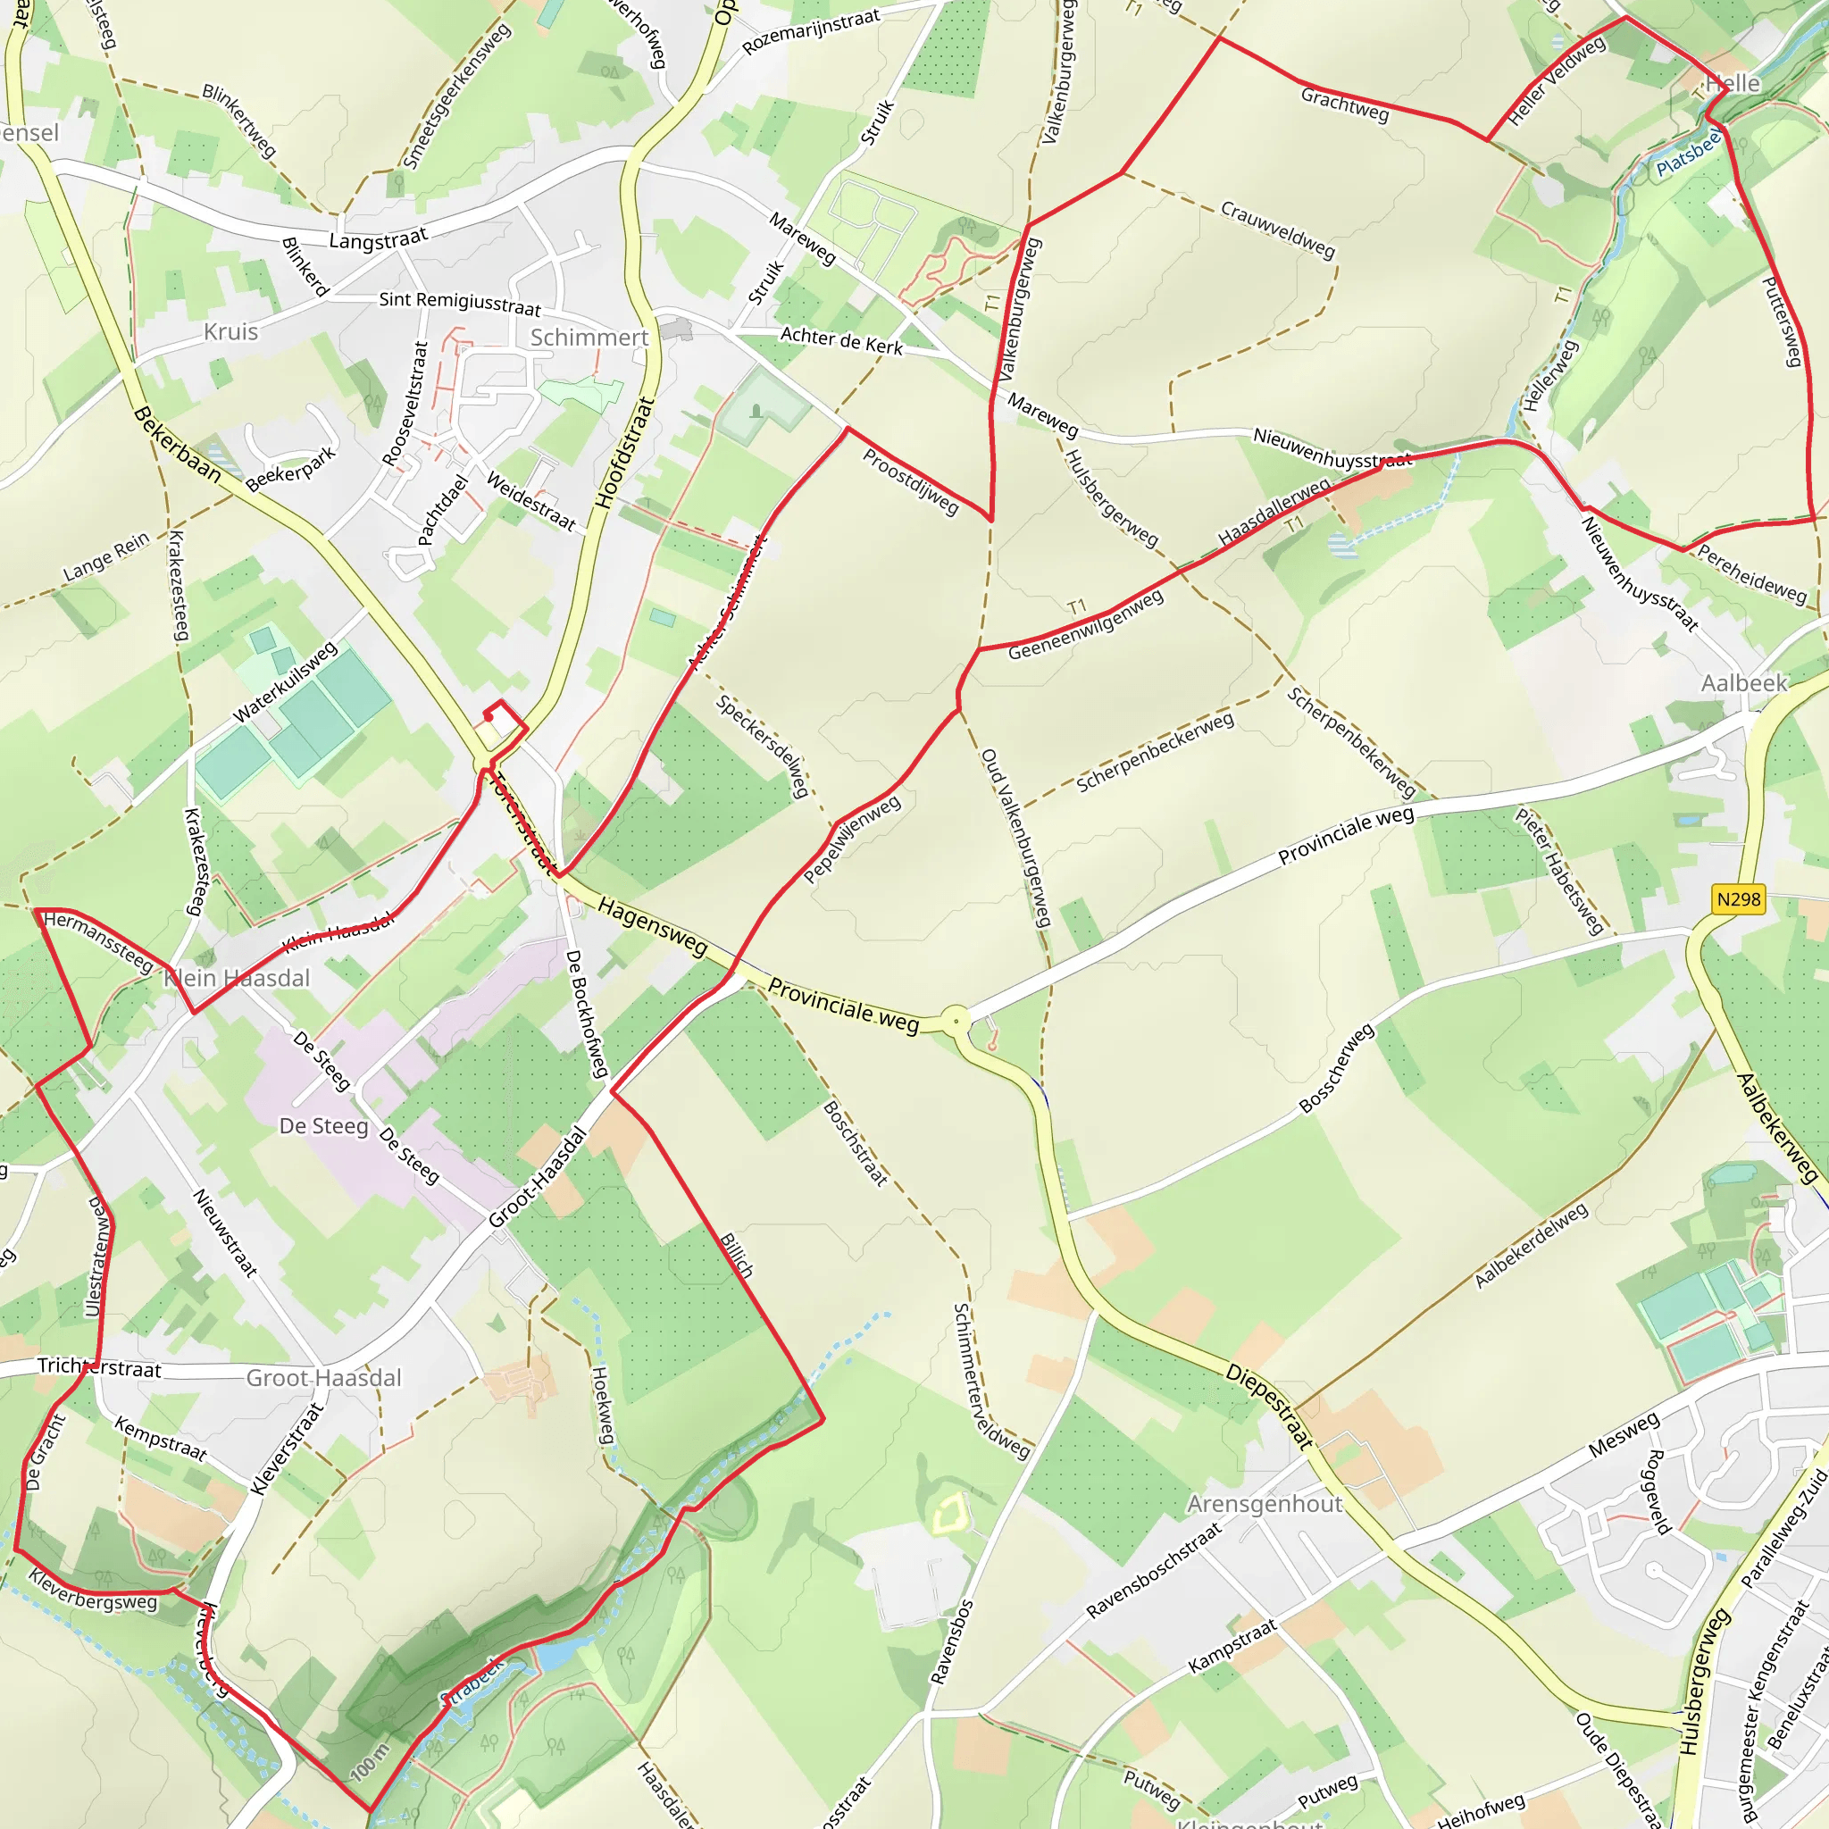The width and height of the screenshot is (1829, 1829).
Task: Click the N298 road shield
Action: (1738, 899)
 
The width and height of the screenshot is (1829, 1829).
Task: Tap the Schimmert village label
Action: (589, 338)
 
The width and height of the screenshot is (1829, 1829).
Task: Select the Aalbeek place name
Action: (1744, 683)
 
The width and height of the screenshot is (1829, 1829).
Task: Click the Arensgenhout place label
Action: (1265, 1504)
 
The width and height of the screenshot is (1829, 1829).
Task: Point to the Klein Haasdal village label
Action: (237, 978)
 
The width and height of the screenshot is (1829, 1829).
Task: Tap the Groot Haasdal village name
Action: (324, 1377)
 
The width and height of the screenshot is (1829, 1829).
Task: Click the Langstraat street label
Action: (378, 240)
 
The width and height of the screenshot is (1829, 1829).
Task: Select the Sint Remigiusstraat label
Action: (460, 303)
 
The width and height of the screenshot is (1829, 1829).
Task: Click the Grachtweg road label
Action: (1344, 104)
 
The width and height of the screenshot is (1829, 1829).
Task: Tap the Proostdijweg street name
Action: (910, 481)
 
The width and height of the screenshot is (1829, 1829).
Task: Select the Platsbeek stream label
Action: (1689, 154)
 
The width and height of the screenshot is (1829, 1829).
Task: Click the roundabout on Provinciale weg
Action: (956, 1022)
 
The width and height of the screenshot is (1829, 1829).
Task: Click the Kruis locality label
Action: (231, 332)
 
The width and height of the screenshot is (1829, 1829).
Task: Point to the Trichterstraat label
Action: (99, 1368)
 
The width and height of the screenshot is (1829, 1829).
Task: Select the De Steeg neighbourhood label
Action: (324, 1125)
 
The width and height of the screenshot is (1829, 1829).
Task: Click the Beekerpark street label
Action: (290, 470)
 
